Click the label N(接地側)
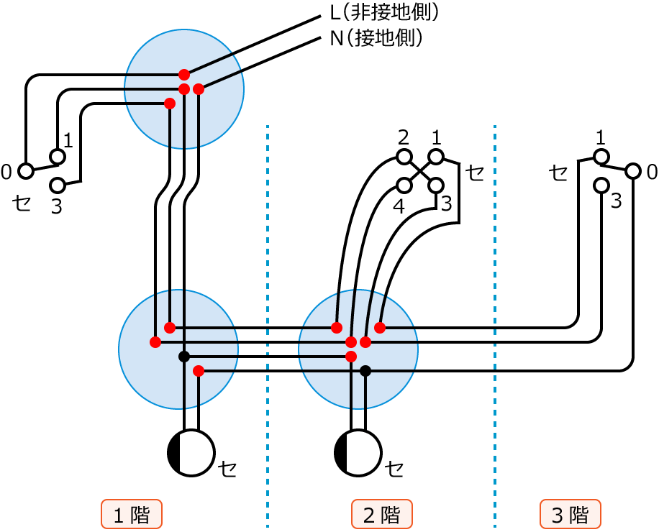[x=376, y=38]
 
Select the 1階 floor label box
[x=132, y=515]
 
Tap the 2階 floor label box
[x=381, y=515]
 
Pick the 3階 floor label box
[x=571, y=515]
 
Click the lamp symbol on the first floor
[x=191, y=453]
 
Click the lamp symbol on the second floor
[x=358, y=453]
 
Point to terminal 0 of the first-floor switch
[x=26, y=171]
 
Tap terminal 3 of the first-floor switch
[x=58, y=185]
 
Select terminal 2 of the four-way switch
[x=404, y=157]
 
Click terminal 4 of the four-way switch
[x=404, y=185]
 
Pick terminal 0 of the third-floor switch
[x=633, y=171]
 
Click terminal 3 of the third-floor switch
[x=601, y=185]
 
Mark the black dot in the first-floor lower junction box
[x=184, y=357]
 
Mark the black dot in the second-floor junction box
[x=365, y=371]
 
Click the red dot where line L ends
[x=184, y=74]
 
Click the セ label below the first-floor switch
[x=23, y=203]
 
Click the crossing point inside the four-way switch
[x=420, y=171]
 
